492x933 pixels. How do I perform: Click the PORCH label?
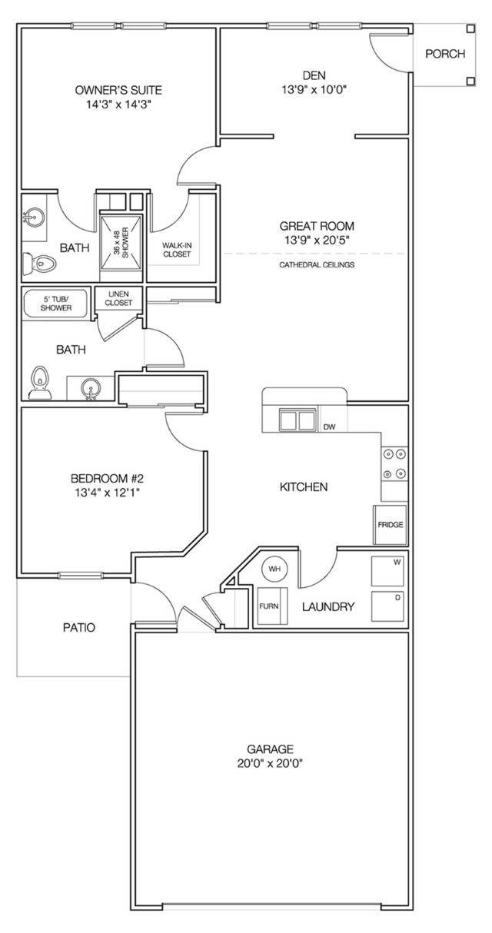click(445, 54)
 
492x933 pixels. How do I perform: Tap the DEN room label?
click(314, 75)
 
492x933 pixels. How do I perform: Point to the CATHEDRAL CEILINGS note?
click(316, 265)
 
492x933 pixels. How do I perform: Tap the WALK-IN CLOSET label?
click(176, 250)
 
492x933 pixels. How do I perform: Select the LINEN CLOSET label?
click(119, 298)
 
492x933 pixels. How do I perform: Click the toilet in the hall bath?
click(40, 383)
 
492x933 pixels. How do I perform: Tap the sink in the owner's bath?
click(33, 218)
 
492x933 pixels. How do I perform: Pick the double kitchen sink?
click(298, 420)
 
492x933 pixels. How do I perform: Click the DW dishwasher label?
click(329, 427)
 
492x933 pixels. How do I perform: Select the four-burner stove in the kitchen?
click(394, 463)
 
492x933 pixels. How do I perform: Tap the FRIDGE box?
click(390, 525)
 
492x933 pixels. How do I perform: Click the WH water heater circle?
click(274, 570)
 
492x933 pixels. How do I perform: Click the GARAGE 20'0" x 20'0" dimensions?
click(270, 764)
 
